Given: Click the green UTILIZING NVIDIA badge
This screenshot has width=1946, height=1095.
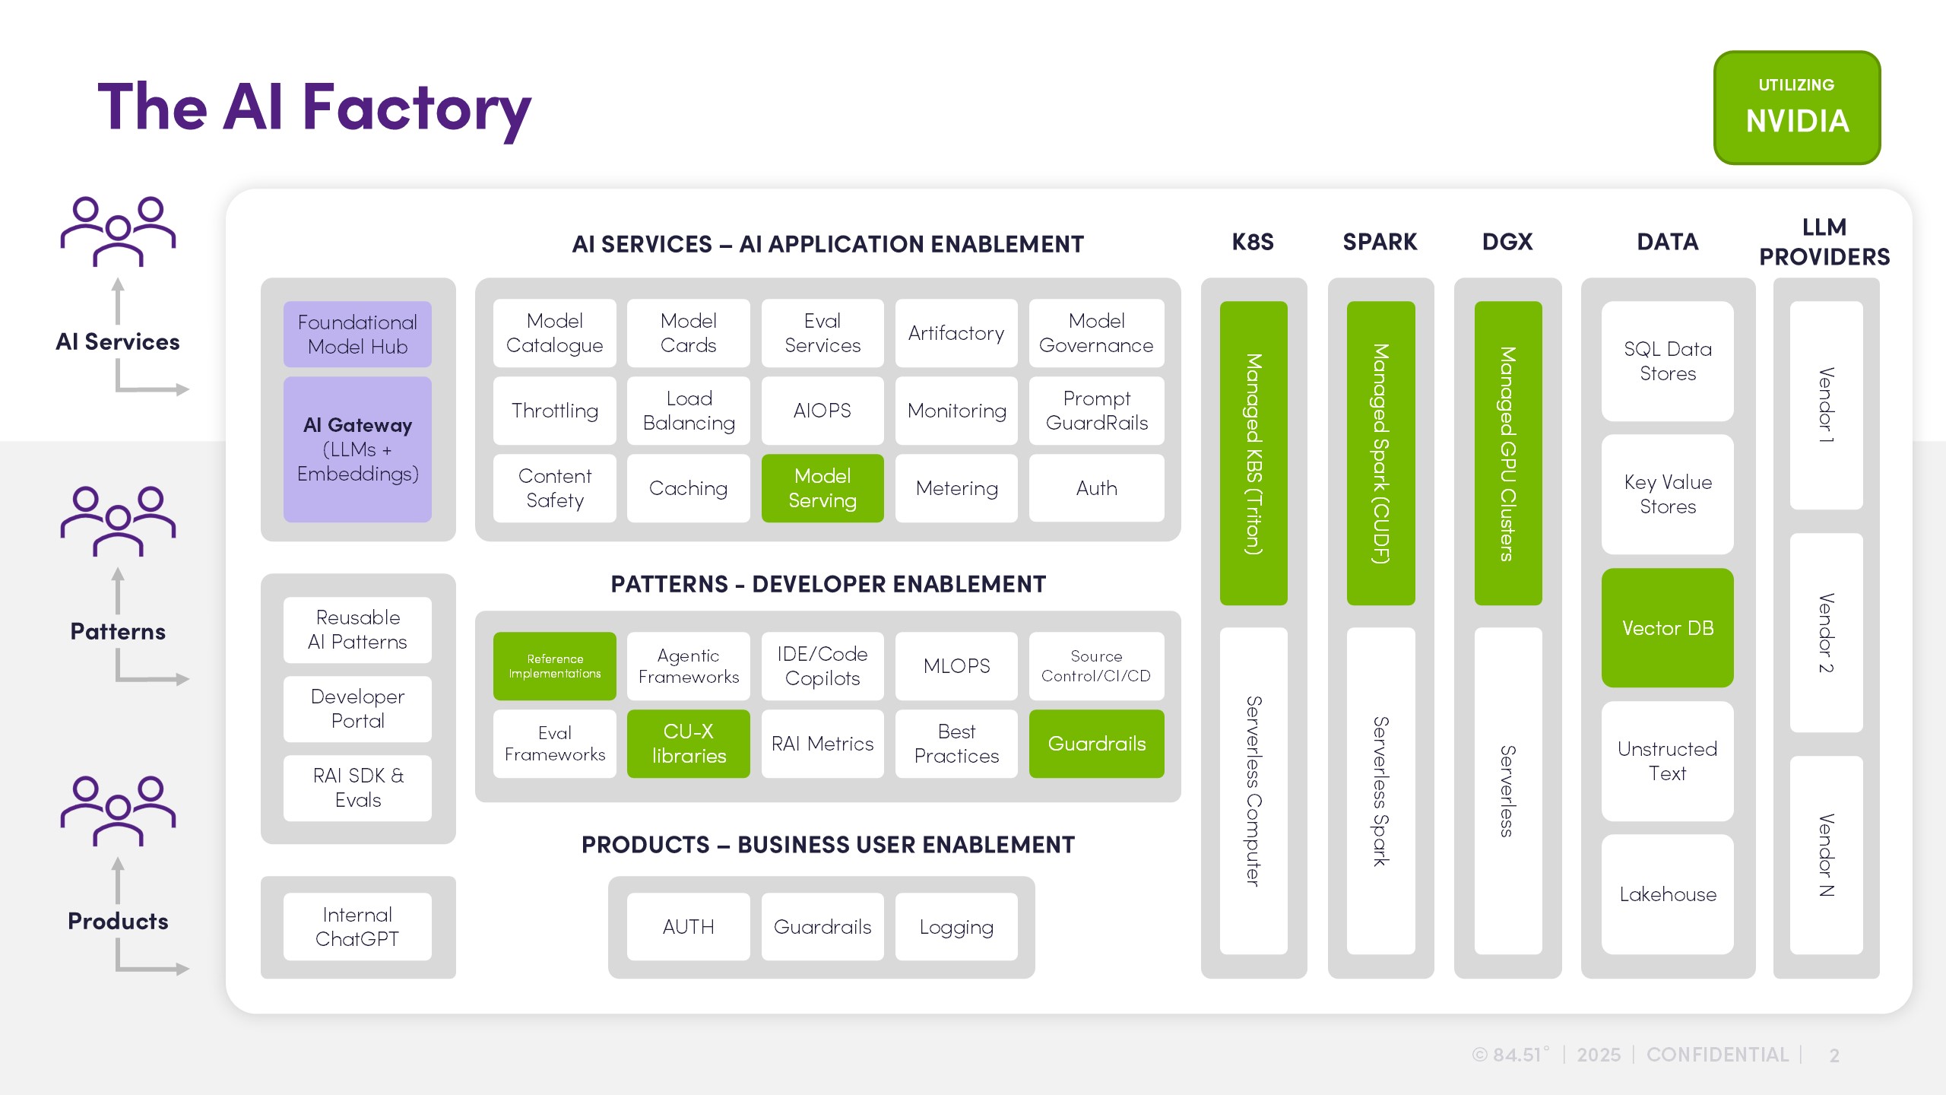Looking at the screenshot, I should coord(1796,107).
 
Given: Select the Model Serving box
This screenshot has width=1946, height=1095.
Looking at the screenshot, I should coord(822,488).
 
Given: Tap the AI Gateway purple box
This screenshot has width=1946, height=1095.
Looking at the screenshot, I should coord(357,449).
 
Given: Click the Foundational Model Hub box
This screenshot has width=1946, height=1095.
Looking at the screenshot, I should coord(357,335).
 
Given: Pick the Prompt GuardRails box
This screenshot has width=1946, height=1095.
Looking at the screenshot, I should coord(1096,411).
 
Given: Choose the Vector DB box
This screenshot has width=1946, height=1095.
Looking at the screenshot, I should coord(1667,628).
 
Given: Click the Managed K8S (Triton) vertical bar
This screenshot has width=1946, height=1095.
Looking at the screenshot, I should coord(1253,453).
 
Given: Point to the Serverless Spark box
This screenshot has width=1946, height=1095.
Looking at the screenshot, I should coord(1380,791).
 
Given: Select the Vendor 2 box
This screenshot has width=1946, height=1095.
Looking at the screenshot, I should coord(1826,633).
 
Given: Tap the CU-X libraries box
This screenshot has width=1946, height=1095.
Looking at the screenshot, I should coord(688,744).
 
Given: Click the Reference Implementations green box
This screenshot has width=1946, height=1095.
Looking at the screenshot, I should coord(554,666).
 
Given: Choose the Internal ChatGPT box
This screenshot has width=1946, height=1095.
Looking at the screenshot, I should coord(357,926).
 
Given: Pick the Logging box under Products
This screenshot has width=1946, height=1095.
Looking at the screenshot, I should coord(956,926).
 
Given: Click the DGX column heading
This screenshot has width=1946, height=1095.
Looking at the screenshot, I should coord(1507,242).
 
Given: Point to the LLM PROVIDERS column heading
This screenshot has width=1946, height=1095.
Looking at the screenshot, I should coord(1824,242).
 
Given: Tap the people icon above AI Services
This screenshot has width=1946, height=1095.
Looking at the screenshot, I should coord(118,231).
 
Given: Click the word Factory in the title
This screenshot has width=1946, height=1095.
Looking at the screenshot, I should coord(417,108).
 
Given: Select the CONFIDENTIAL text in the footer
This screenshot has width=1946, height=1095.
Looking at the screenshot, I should coord(1717,1055).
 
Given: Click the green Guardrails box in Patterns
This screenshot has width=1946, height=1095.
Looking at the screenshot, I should coord(1096,744).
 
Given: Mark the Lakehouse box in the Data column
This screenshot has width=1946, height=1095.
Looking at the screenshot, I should coord(1667,894).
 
